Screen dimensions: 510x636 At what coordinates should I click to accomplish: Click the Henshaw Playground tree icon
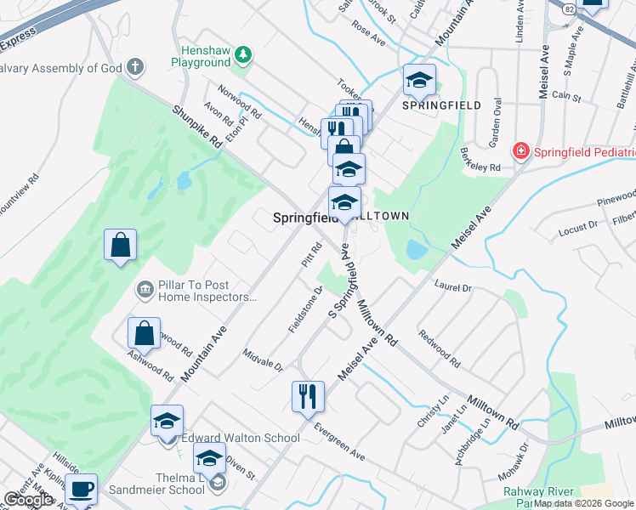point(244,54)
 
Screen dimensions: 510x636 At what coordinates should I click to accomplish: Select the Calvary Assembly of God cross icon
point(134,66)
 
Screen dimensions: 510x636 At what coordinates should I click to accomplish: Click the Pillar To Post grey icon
point(145,291)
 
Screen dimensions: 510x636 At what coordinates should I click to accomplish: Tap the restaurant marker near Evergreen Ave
point(308,396)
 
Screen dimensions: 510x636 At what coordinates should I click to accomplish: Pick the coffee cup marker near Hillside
point(82,489)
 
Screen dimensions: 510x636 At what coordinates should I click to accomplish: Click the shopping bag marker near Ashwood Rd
point(145,333)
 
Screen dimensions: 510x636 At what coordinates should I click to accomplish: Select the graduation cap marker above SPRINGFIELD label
point(419,80)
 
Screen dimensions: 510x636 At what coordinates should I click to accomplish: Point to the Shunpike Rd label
point(196,127)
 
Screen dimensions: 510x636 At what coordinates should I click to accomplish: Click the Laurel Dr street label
point(452,288)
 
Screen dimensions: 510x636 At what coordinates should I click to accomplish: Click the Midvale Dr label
point(262,360)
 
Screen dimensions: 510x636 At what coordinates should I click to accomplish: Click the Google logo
point(27,500)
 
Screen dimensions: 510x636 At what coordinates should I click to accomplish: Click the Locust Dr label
point(577,229)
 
